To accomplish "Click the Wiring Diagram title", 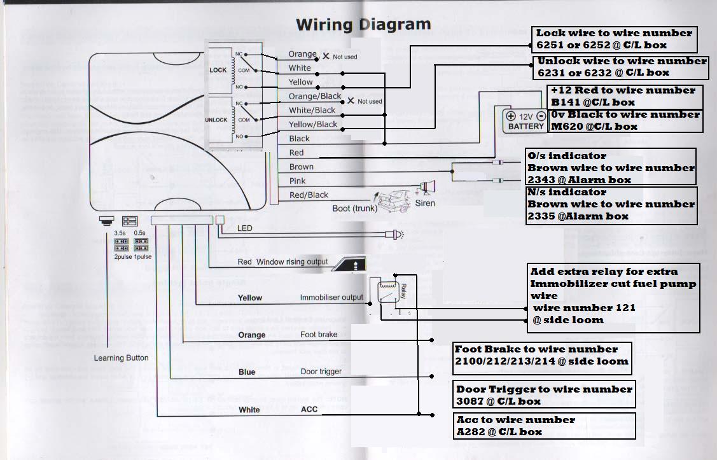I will click(363, 25).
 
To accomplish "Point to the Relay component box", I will click(389, 292).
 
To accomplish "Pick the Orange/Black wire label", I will click(315, 96).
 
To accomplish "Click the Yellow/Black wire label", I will click(313, 124).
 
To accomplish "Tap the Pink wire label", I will click(298, 181).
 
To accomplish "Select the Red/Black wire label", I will click(309, 195).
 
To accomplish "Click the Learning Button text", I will click(121, 358).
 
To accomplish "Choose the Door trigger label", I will click(321, 372).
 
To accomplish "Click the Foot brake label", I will click(317, 334).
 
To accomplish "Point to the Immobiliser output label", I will click(331, 297).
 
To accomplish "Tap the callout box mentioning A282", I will click(545, 426).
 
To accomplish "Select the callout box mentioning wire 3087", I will click(545, 395).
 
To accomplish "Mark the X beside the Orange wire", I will click(326, 56).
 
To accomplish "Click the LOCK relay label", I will click(218, 70).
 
